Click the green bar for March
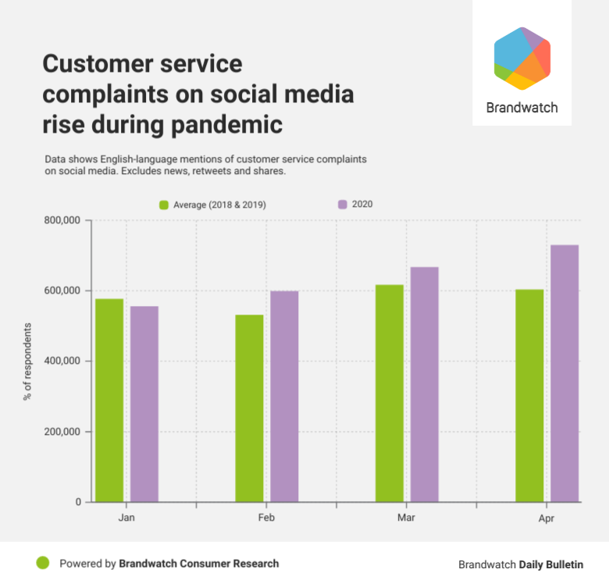coord(390,393)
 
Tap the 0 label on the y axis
coord(77,502)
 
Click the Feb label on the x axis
coord(266,518)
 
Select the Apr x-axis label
coord(547,518)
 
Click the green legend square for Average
coord(164,205)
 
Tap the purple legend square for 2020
coord(342,205)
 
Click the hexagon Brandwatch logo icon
coord(522,59)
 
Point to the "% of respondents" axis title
coord(27,361)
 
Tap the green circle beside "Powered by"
coord(43,563)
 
